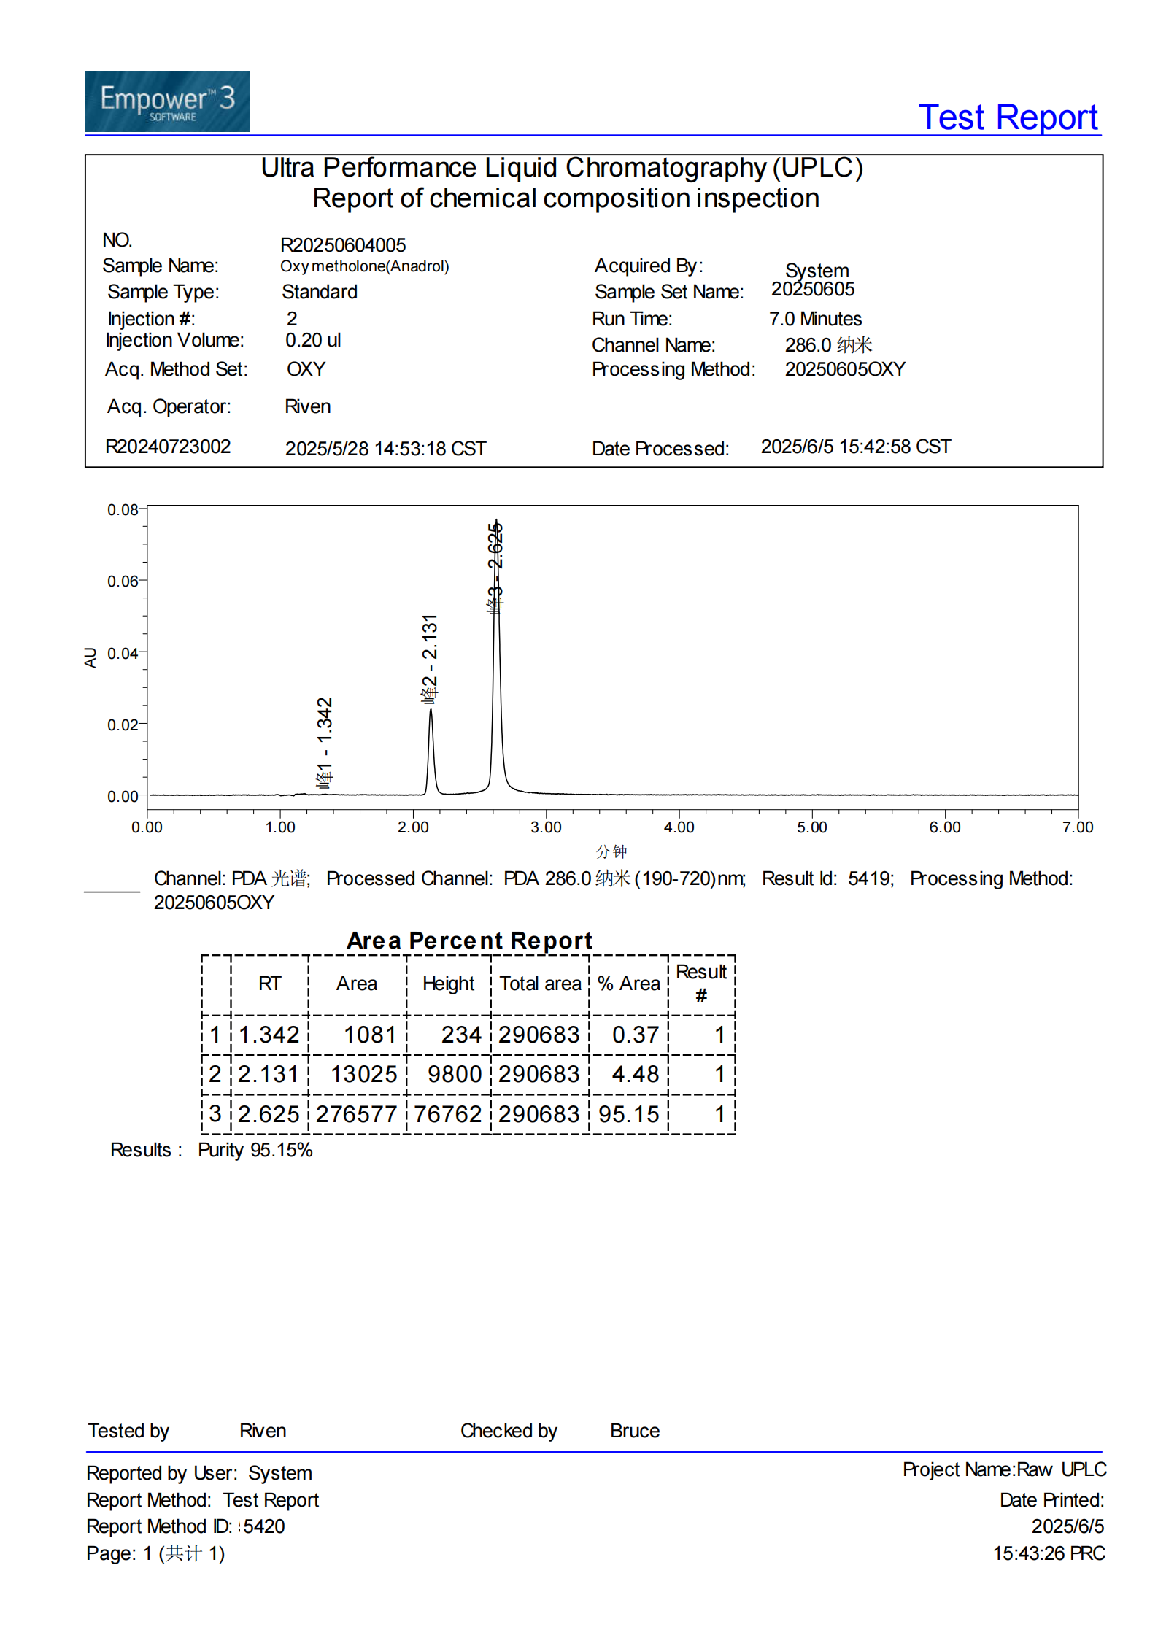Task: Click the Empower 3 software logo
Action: click(167, 101)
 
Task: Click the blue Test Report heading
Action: click(1007, 117)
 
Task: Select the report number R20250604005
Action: click(343, 245)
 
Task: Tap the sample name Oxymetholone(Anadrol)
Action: click(364, 266)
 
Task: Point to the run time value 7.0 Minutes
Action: click(815, 319)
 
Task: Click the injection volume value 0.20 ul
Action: click(313, 341)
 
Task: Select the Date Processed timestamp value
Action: click(855, 447)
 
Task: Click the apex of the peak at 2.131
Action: click(431, 710)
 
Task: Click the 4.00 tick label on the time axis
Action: click(679, 827)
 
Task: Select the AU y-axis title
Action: click(90, 657)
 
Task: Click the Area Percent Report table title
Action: click(469, 940)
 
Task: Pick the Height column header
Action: click(448, 984)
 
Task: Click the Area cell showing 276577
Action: click(357, 1114)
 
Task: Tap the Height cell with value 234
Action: click(461, 1035)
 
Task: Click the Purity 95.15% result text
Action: click(255, 1151)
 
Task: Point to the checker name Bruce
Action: click(634, 1432)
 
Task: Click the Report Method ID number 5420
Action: click(264, 1526)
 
